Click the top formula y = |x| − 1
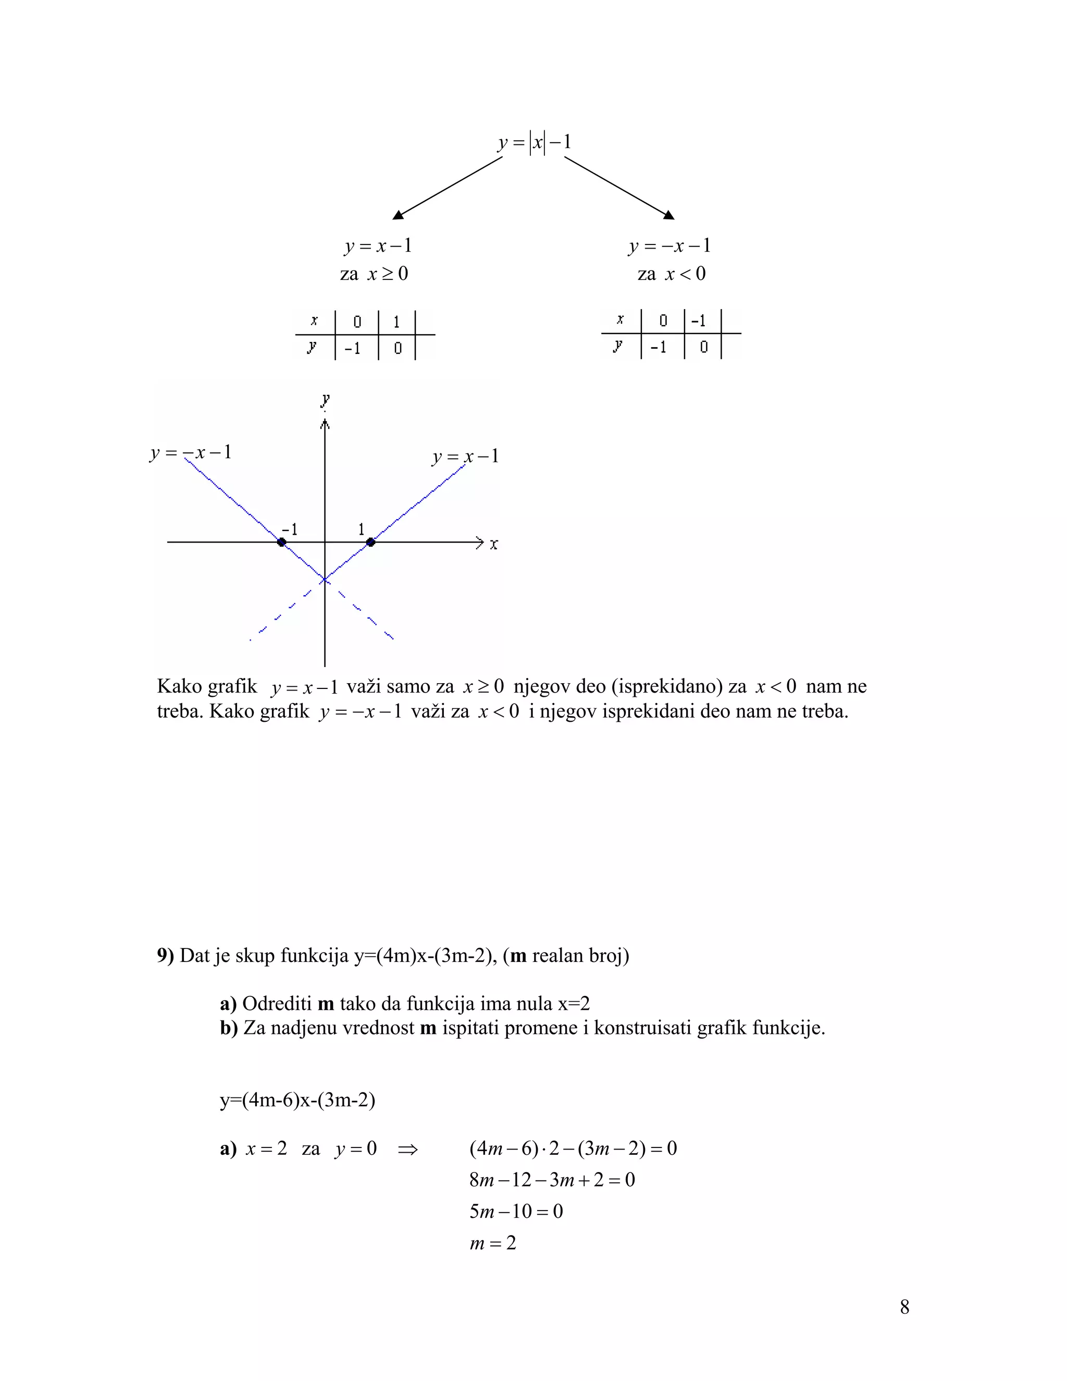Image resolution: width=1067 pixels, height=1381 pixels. point(534,142)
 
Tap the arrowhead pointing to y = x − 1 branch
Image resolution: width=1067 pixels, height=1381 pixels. point(398,215)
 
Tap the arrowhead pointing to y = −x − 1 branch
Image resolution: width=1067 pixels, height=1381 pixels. point(669,215)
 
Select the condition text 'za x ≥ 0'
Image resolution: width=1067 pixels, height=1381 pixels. point(374,274)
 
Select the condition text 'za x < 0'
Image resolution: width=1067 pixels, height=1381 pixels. point(671,274)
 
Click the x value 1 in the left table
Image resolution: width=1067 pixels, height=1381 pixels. point(396,322)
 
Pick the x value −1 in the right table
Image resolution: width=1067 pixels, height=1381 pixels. point(699,320)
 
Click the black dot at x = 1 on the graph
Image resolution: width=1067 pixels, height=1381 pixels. point(371,542)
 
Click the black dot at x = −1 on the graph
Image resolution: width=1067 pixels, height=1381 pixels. point(282,542)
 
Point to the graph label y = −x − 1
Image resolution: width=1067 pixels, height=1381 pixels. point(191,453)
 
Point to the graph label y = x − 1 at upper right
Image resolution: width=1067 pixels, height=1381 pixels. point(466,457)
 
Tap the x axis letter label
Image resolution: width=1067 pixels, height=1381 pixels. point(494,544)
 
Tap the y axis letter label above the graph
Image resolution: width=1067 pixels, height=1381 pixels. point(325,400)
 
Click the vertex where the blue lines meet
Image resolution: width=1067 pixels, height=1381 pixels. point(324,579)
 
